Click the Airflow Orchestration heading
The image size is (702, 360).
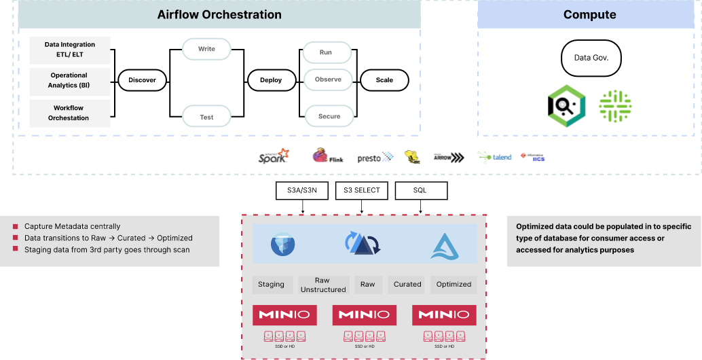(x=219, y=14)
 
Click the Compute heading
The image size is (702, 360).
(x=589, y=14)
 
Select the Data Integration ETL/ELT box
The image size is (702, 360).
(x=70, y=50)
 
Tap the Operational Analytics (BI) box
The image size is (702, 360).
(x=69, y=80)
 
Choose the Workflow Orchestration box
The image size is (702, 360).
(x=69, y=113)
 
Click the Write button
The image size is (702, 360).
(x=206, y=49)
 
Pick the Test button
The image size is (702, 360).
(x=206, y=117)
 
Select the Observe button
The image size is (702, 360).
(x=328, y=79)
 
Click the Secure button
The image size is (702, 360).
(x=329, y=116)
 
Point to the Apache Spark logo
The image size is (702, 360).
(x=274, y=156)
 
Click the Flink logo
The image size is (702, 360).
(x=327, y=156)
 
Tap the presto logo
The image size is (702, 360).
(x=375, y=157)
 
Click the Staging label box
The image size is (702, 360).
(x=271, y=285)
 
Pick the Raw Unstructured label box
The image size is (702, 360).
(x=322, y=285)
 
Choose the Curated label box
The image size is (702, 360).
(x=407, y=285)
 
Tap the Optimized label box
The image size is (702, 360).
(x=454, y=285)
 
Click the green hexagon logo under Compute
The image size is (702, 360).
(x=566, y=105)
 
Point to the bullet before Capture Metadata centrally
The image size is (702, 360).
(x=15, y=226)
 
